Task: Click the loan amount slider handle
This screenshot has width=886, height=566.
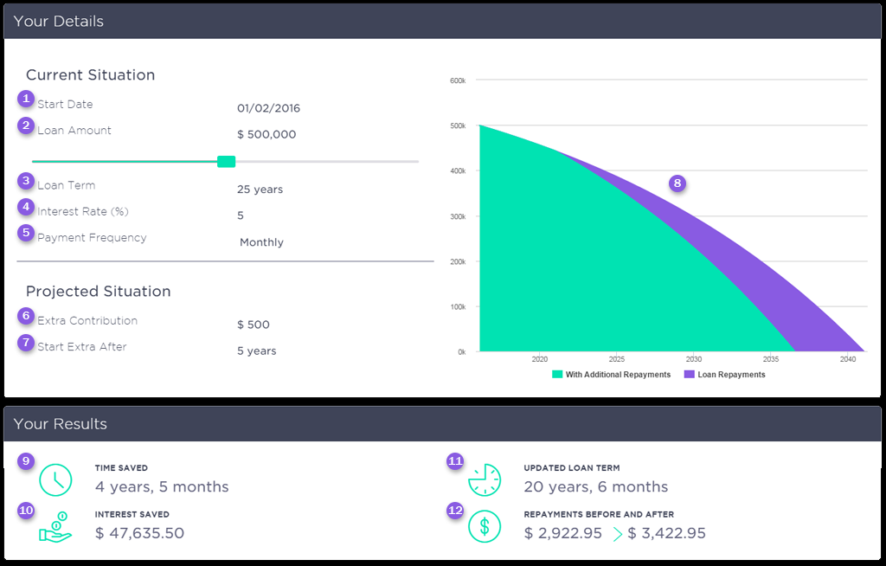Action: click(226, 161)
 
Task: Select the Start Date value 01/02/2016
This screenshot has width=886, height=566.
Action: click(268, 109)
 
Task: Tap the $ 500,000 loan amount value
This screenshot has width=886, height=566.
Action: click(266, 135)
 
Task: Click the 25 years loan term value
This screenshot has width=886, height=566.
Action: click(260, 190)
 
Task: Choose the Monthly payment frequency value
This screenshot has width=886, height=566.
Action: click(261, 242)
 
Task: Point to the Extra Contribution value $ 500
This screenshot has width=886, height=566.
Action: click(254, 325)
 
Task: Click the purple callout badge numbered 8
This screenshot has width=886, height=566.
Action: click(677, 183)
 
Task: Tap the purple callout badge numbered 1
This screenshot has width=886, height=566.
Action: click(27, 99)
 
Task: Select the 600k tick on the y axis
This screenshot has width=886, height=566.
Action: click(458, 80)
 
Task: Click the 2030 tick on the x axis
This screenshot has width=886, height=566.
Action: click(694, 358)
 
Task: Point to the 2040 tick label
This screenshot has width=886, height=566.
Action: click(847, 358)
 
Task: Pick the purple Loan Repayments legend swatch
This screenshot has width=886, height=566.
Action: click(690, 375)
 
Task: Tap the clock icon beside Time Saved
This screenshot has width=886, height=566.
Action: click(55, 479)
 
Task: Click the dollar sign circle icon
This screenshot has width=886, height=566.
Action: click(485, 525)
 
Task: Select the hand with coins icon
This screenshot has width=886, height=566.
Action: click(55, 527)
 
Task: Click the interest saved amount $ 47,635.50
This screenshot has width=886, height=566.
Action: click(139, 533)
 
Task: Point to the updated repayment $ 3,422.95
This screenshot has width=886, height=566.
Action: click(666, 533)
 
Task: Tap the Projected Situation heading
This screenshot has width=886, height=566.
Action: click(98, 292)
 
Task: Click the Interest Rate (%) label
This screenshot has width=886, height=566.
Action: click(83, 212)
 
